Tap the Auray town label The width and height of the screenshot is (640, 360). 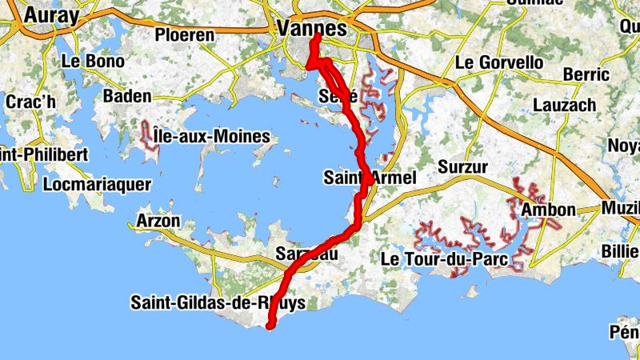(x=52, y=15)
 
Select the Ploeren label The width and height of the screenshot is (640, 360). (x=185, y=35)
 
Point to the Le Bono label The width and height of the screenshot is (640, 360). (x=93, y=61)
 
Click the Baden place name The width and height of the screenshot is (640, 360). (x=127, y=96)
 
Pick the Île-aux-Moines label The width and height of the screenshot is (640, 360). (x=211, y=137)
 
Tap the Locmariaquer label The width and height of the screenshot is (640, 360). (x=97, y=184)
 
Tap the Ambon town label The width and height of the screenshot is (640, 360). (x=548, y=210)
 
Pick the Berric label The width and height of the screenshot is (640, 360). (x=586, y=74)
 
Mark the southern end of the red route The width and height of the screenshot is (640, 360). (x=270, y=325)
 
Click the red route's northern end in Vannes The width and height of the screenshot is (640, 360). (x=317, y=36)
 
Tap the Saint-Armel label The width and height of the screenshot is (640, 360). (x=370, y=178)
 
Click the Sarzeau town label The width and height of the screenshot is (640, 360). (x=308, y=254)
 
